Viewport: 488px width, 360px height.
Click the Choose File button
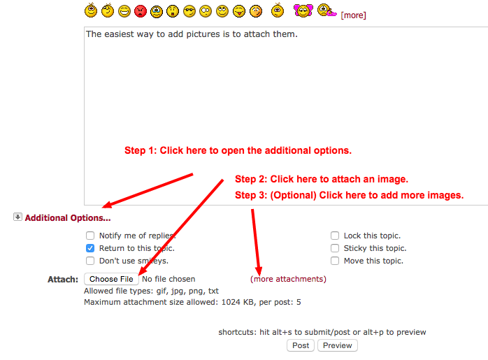111,279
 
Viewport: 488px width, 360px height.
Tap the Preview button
338,345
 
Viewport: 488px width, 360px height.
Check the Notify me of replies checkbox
90,236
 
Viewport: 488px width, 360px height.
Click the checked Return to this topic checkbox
90,248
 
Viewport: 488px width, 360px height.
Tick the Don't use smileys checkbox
90,261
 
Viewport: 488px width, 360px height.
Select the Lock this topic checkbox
335,236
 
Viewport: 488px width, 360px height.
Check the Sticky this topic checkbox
335,248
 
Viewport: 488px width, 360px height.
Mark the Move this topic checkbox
335,261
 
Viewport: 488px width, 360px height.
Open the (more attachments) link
288,279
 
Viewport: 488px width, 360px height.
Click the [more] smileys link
353,15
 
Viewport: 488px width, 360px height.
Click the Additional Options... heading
68,218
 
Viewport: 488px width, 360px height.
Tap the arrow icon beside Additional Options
17,217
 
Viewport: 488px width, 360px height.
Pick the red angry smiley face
141,11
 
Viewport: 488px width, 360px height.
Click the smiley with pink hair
303,10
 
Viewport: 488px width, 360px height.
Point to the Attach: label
63,280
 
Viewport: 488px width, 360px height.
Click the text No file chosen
168,279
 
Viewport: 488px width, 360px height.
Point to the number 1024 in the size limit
231,302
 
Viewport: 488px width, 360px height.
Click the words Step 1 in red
139,150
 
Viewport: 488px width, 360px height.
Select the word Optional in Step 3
293,196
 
